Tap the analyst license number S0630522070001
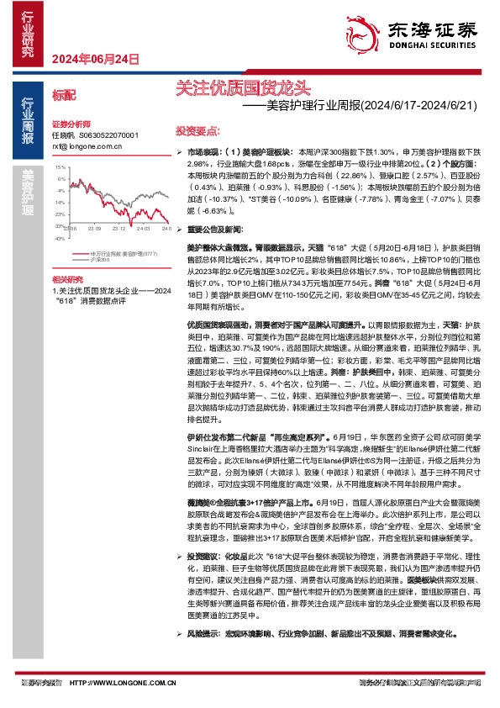pyautogui.click(x=108, y=135)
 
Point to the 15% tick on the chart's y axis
pyautogui.click(x=60, y=167)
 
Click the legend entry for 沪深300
pyautogui.click(x=100, y=261)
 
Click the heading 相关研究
pyautogui.click(x=68, y=278)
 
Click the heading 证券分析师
pyautogui.click(x=71, y=123)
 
